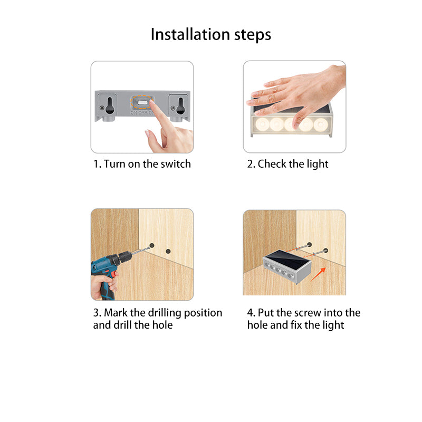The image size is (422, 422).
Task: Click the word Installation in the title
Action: click(x=190, y=34)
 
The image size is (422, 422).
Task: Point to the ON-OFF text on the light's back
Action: click(x=142, y=112)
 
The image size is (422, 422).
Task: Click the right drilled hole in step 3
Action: click(x=168, y=251)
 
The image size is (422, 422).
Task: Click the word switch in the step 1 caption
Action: click(x=174, y=164)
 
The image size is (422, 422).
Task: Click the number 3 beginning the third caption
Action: click(x=95, y=313)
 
